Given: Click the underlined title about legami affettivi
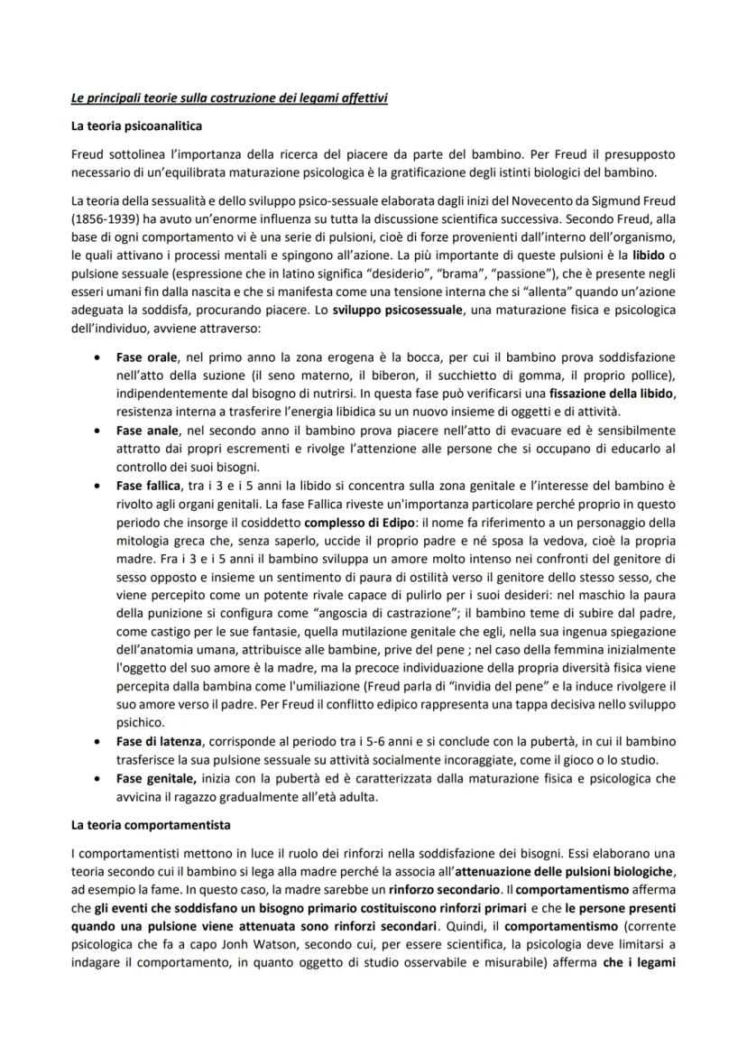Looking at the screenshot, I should pyautogui.click(x=229, y=97).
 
